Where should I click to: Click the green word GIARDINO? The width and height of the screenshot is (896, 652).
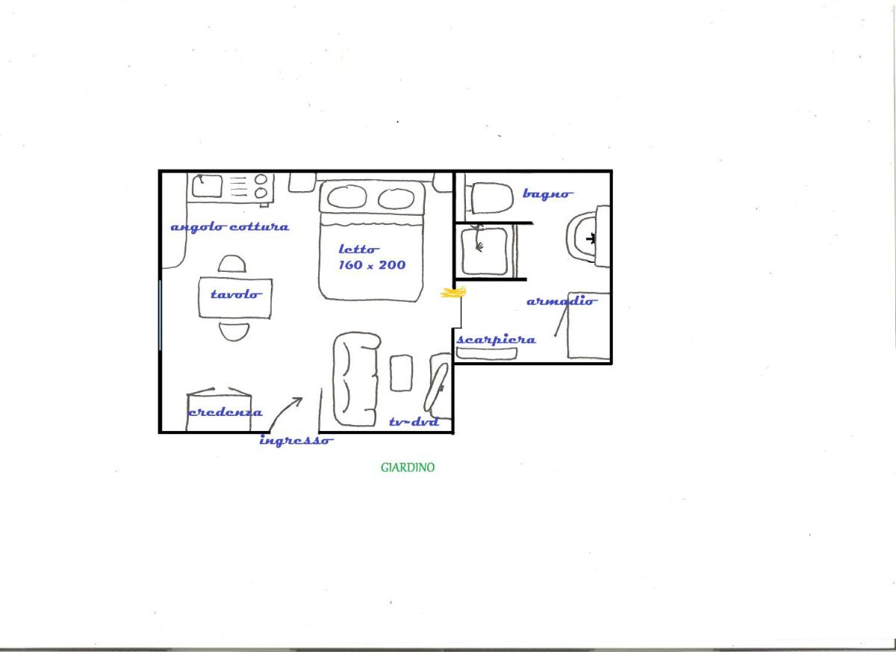tap(407, 468)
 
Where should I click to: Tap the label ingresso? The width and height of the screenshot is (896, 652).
tap(296, 441)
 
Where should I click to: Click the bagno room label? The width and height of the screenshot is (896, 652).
tap(547, 194)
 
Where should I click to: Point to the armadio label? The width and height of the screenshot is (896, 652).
tap(561, 301)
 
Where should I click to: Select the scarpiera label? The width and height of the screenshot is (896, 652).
tap(496, 340)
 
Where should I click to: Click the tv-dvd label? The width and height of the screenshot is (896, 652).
tap(414, 422)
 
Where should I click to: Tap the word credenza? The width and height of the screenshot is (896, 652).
tap(225, 412)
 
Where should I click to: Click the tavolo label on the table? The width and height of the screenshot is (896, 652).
tap(236, 294)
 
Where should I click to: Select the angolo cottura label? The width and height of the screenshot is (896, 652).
tap(230, 227)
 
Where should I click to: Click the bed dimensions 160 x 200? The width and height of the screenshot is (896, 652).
tap(372, 265)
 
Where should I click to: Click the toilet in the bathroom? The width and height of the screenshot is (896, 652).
tap(491, 198)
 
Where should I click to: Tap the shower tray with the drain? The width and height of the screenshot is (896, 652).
tap(485, 251)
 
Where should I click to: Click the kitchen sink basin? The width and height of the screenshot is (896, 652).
tap(208, 186)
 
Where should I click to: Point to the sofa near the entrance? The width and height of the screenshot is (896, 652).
tap(357, 379)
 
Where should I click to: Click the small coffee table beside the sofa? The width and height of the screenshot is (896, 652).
tap(401, 373)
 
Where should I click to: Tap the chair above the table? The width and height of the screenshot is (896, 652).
tap(232, 264)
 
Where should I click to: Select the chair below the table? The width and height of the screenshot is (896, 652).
tap(234, 332)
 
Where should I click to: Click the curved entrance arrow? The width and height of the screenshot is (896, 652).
tap(283, 412)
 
